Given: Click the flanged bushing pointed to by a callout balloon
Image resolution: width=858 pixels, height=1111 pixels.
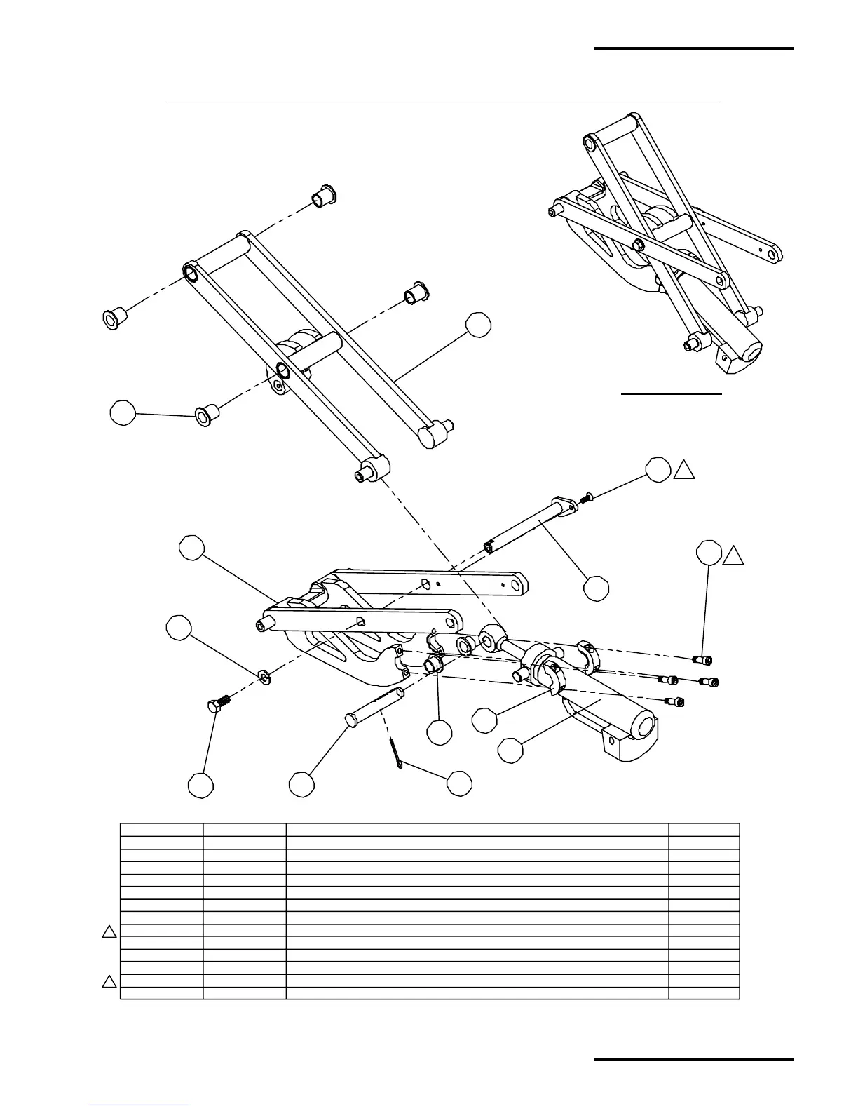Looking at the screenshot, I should [x=204, y=416].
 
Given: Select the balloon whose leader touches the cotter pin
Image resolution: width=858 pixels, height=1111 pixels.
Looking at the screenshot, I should [x=459, y=783].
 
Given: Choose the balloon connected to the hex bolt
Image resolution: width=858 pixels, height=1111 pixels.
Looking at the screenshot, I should [x=200, y=785].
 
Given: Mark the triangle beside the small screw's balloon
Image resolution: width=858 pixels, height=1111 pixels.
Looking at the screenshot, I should [x=683, y=471].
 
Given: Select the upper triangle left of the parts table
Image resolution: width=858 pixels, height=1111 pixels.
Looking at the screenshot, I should [x=109, y=932].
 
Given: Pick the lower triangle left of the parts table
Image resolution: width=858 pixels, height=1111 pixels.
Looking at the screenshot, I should [x=109, y=981].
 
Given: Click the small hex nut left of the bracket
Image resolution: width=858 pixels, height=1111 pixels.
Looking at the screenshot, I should [x=265, y=676].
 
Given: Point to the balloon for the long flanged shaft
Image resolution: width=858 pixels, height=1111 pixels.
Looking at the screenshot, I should [x=597, y=588].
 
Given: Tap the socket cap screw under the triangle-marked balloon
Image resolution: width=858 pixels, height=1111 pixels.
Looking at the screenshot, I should [x=702, y=659].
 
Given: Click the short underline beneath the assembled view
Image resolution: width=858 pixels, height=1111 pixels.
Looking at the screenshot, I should [x=672, y=394].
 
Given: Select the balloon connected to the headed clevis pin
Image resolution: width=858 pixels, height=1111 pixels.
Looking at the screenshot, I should [x=301, y=784].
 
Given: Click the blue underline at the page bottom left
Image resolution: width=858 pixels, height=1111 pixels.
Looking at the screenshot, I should [x=139, y=1105].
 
